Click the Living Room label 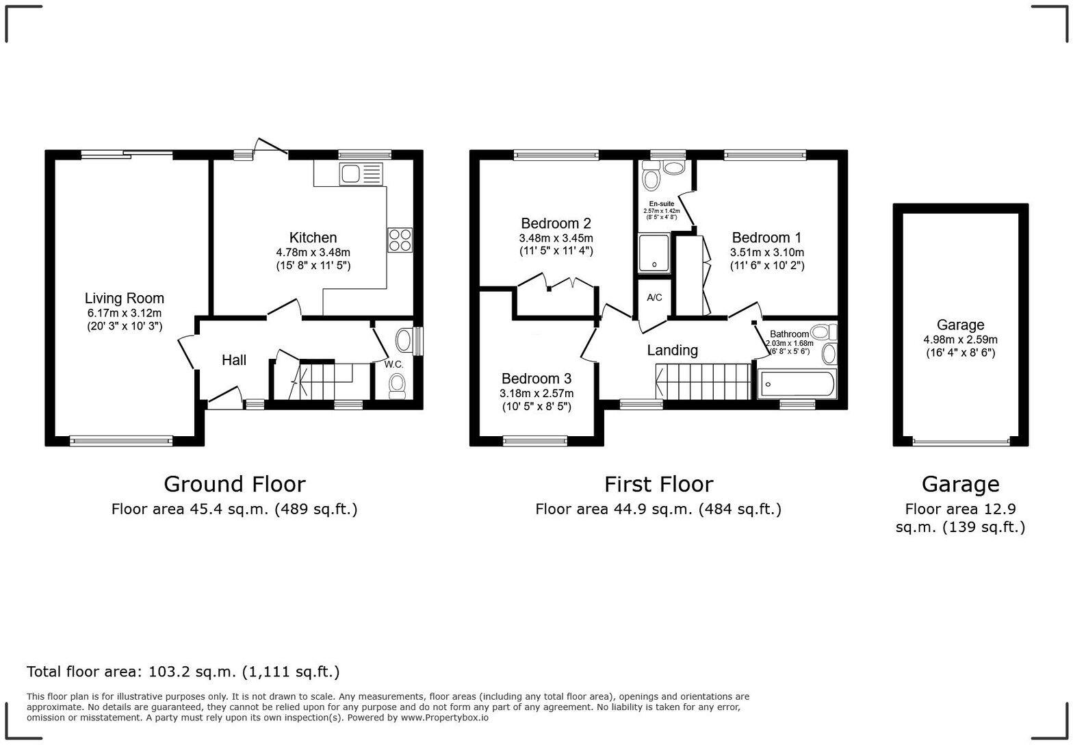coord(124,298)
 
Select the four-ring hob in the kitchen coord(400,240)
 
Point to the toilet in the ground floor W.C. coord(396,387)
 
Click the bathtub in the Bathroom coord(797,384)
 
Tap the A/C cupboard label coord(654,297)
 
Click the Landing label coord(672,350)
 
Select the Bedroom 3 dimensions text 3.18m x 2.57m coord(536,393)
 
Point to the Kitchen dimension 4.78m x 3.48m coord(313,252)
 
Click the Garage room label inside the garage coord(960,325)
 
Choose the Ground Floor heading coord(234,484)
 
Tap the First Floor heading coord(658,484)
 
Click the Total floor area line coord(183,671)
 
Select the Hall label coord(233,360)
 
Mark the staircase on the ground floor coord(322,381)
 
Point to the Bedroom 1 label coord(766,238)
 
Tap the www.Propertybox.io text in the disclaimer coord(444,718)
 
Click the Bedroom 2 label coord(556,223)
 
